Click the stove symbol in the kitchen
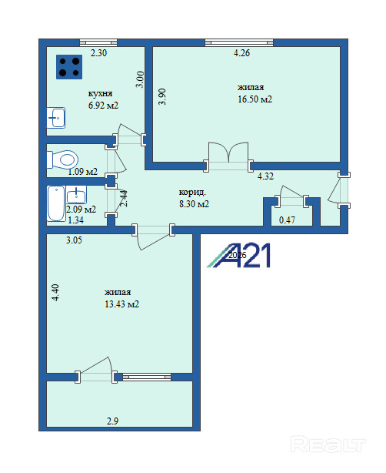69,67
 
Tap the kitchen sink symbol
56,118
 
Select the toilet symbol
62,159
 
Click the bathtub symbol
56,203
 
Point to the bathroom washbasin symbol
76,195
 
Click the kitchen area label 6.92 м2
103,106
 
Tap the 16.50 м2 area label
255,99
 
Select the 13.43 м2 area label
122,304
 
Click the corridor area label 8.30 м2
195,204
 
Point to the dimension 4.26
241,53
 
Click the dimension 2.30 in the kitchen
98,53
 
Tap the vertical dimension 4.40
55,293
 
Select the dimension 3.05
74,240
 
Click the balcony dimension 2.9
112,421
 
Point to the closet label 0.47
288,220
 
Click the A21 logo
238,255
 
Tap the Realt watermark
328,444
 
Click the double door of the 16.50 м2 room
228,156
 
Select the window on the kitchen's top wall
98,42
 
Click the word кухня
100,93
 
